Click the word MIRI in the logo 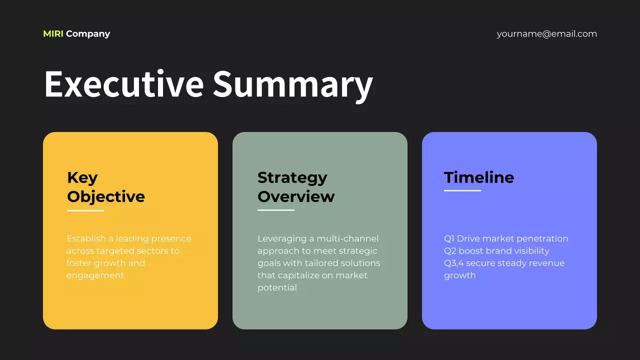53,34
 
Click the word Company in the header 88,34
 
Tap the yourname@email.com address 546,34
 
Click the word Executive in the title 123,84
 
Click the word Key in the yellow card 82,177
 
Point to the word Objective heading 106,196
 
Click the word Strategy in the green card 292,177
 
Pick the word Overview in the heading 296,196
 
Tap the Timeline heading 479,177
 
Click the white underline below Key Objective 85,210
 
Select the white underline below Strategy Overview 276,210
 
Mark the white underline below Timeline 462,190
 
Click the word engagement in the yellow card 95,275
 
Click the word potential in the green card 277,287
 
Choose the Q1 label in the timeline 449,238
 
